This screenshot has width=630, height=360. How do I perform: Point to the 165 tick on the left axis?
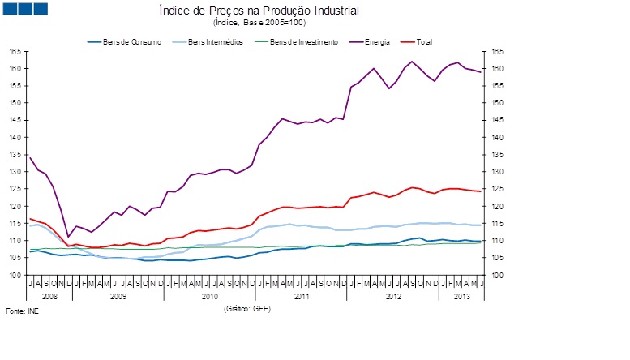[x=15, y=51]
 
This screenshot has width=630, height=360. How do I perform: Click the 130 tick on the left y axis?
[x=15, y=172]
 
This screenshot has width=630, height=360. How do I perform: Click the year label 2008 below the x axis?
[x=49, y=297]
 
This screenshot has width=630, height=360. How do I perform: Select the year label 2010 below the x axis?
[x=210, y=297]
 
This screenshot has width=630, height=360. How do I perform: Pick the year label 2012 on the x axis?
[x=393, y=297]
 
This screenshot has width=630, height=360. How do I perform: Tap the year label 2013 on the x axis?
[x=462, y=297]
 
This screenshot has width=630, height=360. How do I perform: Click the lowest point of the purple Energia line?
[x=68, y=237]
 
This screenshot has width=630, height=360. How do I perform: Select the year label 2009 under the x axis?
[x=118, y=297]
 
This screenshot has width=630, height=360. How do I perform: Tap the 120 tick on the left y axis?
[x=15, y=207]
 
